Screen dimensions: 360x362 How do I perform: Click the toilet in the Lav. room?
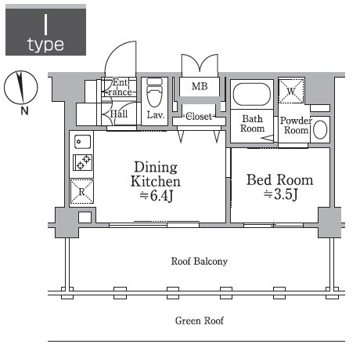(154, 92)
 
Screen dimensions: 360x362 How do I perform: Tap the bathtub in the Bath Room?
(252, 94)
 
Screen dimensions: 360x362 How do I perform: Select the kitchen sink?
(82, 142)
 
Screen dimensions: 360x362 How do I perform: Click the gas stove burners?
(83, 162)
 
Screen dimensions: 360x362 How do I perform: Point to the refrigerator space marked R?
(82, 192)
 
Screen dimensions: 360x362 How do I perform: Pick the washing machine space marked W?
(291, 92)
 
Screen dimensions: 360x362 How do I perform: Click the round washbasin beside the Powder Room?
(320, 129)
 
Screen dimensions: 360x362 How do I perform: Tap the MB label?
(200, 86)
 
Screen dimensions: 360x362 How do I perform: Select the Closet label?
(199, 116)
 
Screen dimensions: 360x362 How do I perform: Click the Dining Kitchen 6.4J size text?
(157, 196)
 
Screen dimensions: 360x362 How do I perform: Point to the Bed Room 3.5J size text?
(281, 194)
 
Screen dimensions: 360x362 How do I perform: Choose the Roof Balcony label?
(200, 261)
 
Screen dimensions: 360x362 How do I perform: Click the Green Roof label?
(200, 320)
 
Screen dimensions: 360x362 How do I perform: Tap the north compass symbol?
(21, 87)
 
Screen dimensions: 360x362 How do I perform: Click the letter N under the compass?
(24, 111)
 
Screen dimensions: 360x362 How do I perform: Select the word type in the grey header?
(45, 45)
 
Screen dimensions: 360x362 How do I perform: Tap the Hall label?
(119, 114)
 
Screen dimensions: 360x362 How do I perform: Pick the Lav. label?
(156, 114)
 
